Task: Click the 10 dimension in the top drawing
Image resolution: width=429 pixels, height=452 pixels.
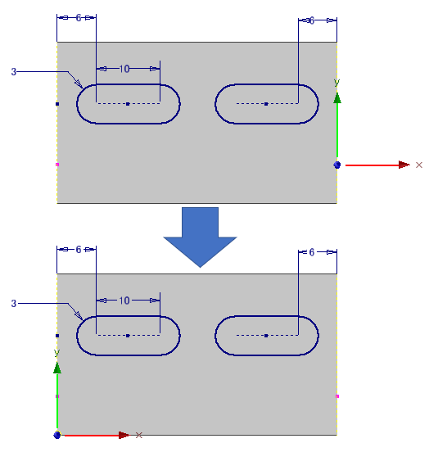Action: pyautogui.click(x=124, y=69)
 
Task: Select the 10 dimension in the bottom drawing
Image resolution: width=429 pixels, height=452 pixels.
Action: pyautogui.click(x=124, y=301)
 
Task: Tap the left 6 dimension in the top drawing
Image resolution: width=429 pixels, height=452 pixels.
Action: pyautogui.click(x=79, y=18)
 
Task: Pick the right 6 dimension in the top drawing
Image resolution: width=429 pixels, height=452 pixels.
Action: pyautogui.click(x=311, y=20)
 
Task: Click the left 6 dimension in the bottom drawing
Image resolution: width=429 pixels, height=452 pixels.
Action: pyautogui.click(x=79, y=250)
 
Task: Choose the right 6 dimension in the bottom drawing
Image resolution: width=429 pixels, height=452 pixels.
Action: pyautogui.click(x=311, y=252)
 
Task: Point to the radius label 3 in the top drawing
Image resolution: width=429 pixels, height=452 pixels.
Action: pyautogui.click(x=14, y=72)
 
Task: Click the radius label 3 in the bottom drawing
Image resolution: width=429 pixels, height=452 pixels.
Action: pyautogui.click(x=14, y=304)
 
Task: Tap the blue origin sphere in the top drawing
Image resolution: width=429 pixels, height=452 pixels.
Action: pyautogui.click(x=336, y=165)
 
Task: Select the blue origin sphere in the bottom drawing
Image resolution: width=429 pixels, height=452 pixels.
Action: pyautogui.click(x=57, y=435)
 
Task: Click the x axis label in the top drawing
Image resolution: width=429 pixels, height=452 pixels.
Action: pyautogui.click(x=419, y=165)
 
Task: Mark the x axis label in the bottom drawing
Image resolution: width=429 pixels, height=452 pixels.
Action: pyautogui.click(x=138, y=435)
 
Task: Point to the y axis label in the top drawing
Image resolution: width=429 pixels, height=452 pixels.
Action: pyautogui.click(x=336, y=83)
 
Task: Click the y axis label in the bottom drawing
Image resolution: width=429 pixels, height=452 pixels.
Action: pyautogui.click(x=56, y=353)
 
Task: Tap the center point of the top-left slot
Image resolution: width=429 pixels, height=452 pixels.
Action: pyautogui.click(x=128, y=104)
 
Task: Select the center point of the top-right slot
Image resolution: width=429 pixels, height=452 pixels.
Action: pyautogui.click(x=266, y=104)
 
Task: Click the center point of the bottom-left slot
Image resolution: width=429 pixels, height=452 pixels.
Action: pyautogui.click(x=128, y=336)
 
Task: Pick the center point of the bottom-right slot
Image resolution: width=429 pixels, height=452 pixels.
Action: pyautogui.click(x=266, y=336)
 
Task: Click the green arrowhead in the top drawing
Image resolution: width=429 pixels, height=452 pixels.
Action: pyautogui.click(x=337, y=98)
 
